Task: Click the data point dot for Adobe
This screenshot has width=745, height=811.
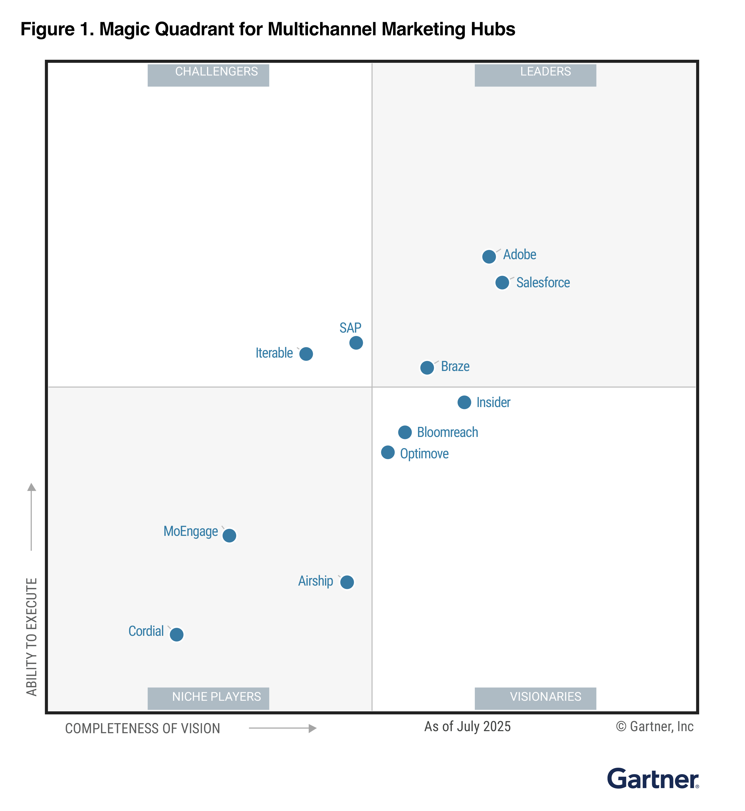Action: pyautogui.click(x=489, y=257)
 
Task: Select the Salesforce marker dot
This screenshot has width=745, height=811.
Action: pyautogui.click(x=502, y=283)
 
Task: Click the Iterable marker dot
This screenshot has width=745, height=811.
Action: pyautogui.click(x=306, y=354)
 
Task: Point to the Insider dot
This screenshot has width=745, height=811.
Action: pyautogui.click(x=464, y=402)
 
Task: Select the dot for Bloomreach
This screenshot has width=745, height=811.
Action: pyautogui.click(x=405, y=432)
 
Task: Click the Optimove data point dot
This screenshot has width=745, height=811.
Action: pyautogui.click(x=388, y=452)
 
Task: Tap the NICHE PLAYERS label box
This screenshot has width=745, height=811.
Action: pyautogui.click(x=208, y=698)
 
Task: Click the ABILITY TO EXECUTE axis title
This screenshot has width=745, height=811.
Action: pyautogui.click(x=31, y=637)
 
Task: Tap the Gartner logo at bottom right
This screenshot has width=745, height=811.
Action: pyautogui.click(x=653, y=779)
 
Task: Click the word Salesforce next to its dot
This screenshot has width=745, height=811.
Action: pyautogui.click(x=543, y=283)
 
